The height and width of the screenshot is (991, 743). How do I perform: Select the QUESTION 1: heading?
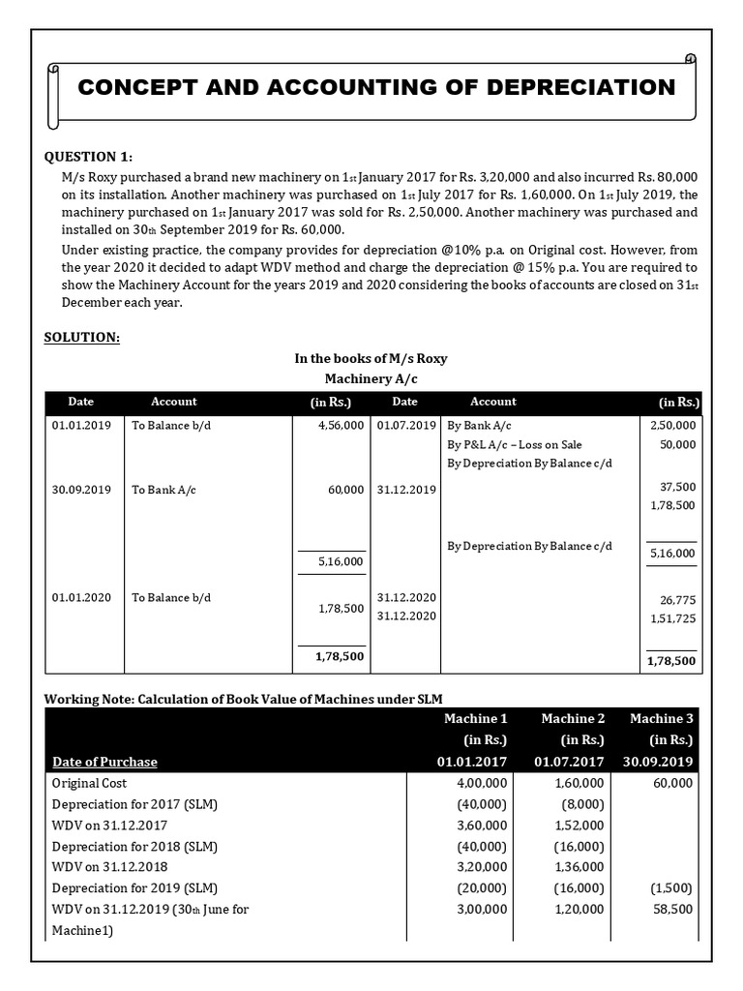(89, 158)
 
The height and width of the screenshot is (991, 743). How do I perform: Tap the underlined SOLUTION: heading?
(82, 337)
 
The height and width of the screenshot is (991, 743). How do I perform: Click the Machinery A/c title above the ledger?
(371, 377)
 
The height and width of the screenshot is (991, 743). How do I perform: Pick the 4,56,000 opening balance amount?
(341, 425)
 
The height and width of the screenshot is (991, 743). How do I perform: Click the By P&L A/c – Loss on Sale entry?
(515, 444)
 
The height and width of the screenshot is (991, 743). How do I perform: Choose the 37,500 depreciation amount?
(678, 487)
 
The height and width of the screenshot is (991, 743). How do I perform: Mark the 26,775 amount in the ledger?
(678, 600)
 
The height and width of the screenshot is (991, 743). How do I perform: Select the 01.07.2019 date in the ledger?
(406, 425)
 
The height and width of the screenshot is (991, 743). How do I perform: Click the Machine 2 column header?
(573, 718)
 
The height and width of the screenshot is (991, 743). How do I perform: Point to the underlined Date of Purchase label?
(104, 762)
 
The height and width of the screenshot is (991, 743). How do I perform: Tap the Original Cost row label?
(89, 783)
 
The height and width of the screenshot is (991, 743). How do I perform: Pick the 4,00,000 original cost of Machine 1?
(481, 783)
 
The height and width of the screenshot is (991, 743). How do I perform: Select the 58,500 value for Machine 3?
(672, 909)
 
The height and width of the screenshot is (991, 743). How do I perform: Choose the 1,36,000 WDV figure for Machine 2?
(580, 867)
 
